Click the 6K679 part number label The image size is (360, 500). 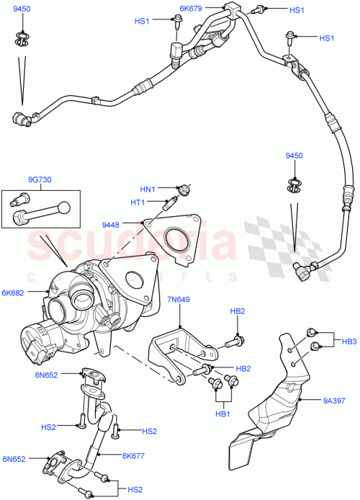pos(192,9)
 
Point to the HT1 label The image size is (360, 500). pos(157,202)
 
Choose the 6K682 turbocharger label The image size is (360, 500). pos(14,293)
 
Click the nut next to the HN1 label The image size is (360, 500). pos(186,189)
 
